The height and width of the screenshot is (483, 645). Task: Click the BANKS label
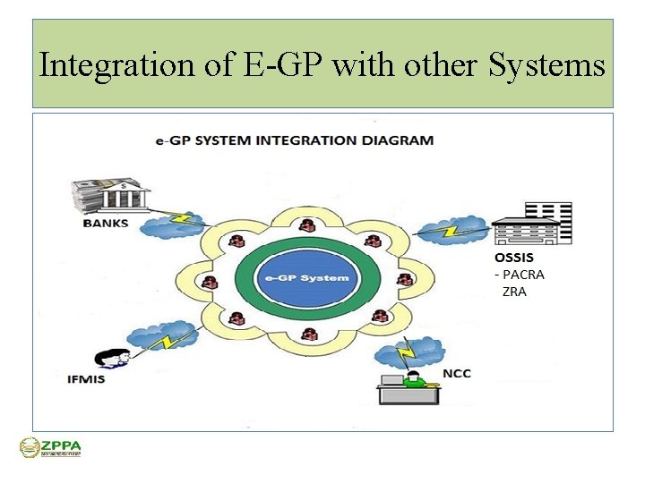point(105,223)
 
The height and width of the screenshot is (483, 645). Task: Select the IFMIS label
point(86,378)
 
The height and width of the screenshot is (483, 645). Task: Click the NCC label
point(456,373)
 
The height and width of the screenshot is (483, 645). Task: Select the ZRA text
point(514,292)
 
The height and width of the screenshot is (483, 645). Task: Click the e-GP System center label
point(305,277)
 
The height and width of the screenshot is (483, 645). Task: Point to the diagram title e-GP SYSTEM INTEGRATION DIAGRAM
point(292,140)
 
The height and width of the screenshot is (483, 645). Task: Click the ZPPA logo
point(50,447)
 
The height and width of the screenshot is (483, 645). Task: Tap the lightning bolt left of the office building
point(449,232)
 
